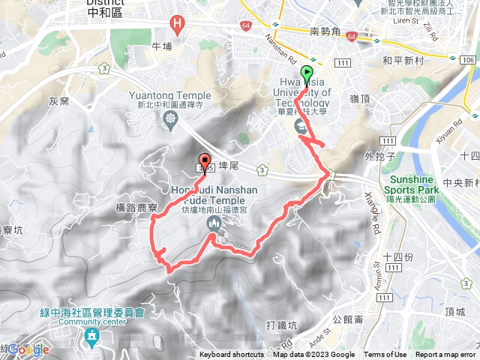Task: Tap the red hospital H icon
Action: click(177, 24)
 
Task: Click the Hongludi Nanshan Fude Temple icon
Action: click(214, 223)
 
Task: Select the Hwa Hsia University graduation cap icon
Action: click(301, 125)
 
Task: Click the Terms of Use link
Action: click(385, 355)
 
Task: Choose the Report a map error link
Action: click(446, 355)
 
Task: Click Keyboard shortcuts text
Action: click(231, 355)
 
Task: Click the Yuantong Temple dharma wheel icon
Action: click(172, 118)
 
